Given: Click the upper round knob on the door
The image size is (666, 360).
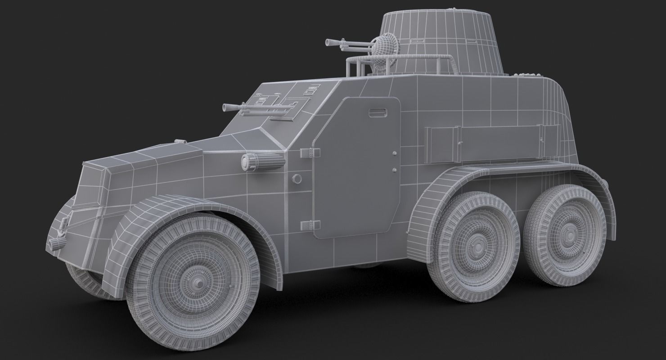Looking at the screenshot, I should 395,154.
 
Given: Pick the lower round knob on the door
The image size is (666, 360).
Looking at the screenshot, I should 395,170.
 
